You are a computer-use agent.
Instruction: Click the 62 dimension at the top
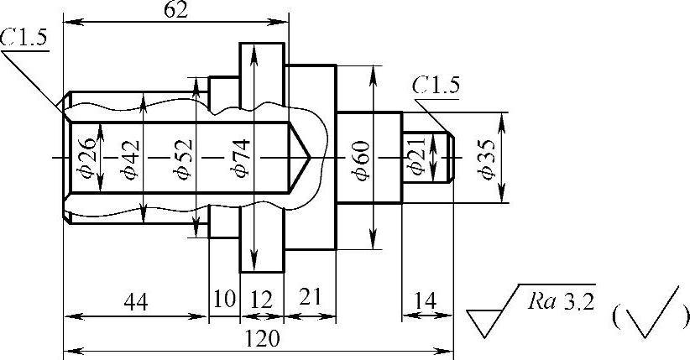click(175, 10)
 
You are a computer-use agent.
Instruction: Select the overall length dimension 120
click(262, 339)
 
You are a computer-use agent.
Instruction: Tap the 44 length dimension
click(136, 303)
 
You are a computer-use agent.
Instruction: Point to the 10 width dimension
click(224, 299)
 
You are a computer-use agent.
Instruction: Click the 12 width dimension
click(262, 300)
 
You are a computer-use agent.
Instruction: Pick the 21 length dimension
click(311, 298)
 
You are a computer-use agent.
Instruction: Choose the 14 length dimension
click(426, 301)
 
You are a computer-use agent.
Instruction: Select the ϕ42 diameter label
click(131, 159)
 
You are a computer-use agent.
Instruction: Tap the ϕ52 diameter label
click(184, 159)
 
